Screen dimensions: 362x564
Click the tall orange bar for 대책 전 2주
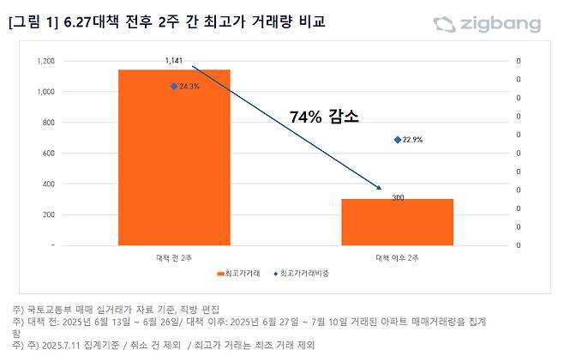174,157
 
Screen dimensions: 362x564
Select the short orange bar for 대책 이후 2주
397,221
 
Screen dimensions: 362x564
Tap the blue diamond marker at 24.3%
173,86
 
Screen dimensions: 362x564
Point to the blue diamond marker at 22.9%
397,139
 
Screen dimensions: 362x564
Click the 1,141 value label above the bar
175,61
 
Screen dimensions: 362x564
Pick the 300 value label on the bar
398,198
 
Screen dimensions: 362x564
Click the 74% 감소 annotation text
324,117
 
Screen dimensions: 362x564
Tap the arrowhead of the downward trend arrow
378,187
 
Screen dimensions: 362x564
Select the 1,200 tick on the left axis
45,61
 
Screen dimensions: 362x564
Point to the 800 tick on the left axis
48,123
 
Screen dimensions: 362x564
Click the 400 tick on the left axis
48,184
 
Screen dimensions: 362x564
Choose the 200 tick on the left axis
48,214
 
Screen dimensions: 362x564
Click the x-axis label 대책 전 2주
174,256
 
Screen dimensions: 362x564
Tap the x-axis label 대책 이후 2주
397,256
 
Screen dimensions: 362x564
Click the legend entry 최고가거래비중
303,274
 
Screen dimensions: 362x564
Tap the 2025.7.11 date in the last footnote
60,346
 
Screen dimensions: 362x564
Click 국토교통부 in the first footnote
49,308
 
